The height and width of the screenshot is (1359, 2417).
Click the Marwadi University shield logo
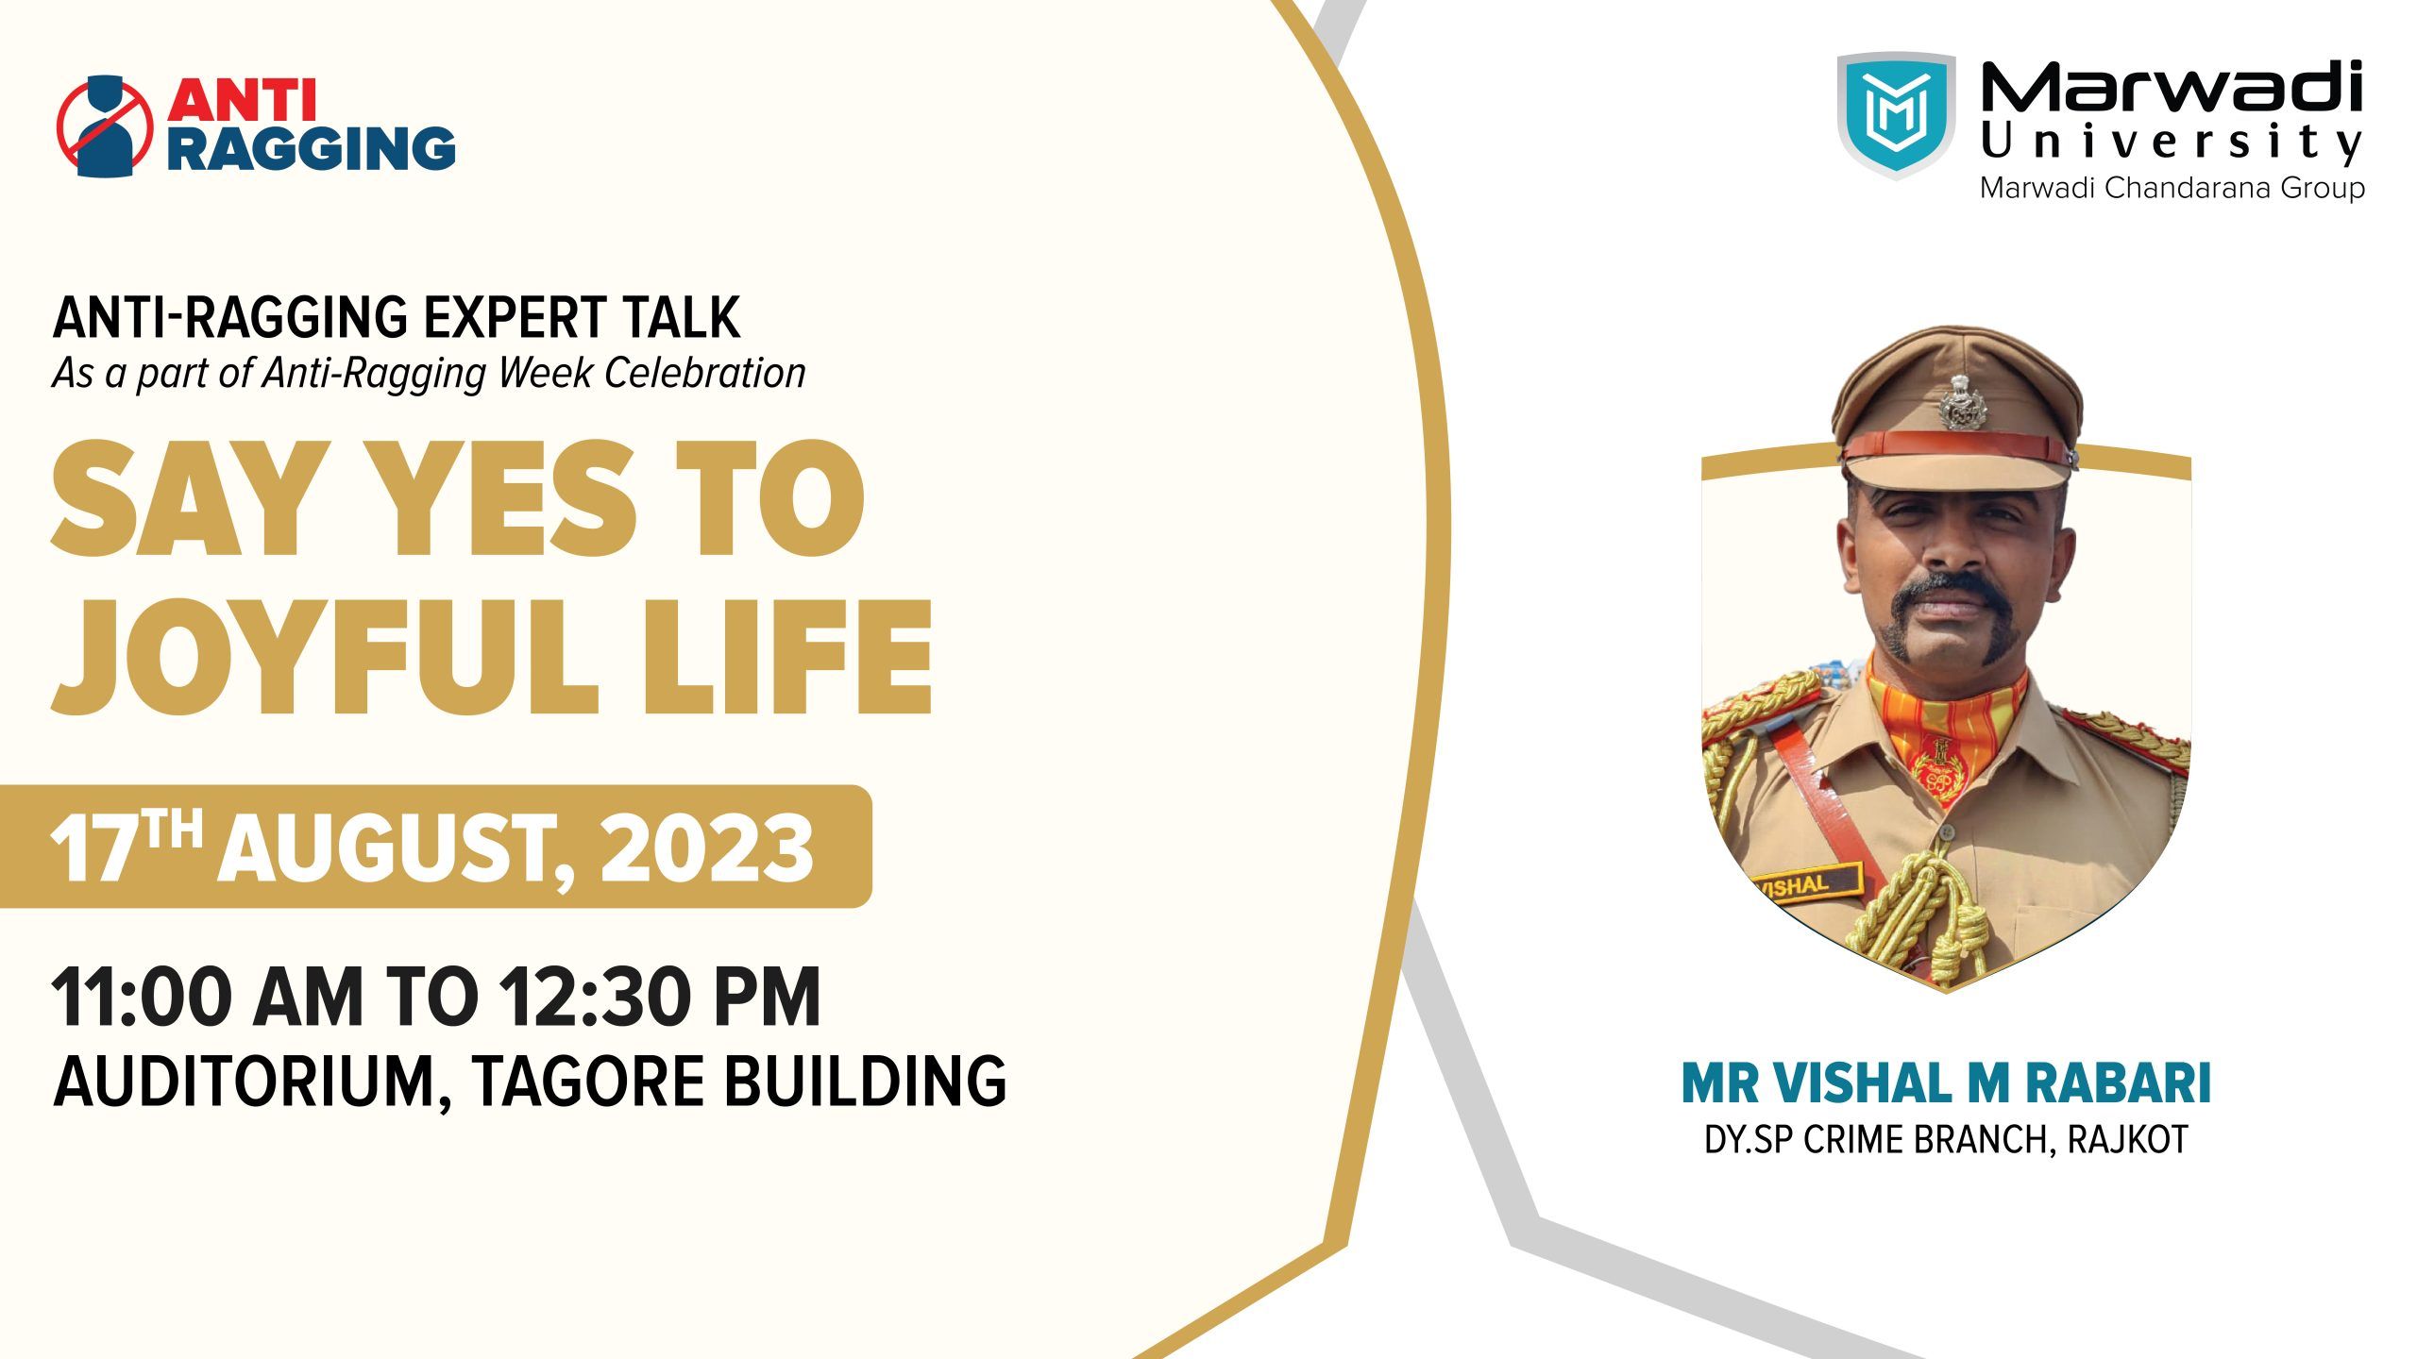coord(1896,116)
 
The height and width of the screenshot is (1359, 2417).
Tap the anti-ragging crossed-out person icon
coord(105,126)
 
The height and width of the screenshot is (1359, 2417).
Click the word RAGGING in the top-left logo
coord(312,147)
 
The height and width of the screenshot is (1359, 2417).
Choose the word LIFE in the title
coord(787,657)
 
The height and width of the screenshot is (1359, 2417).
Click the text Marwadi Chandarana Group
coord(2172,188)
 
